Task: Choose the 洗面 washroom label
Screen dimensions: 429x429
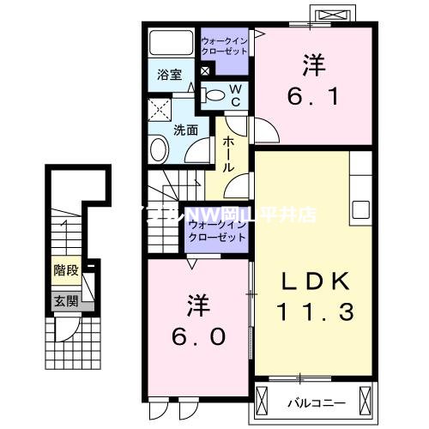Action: pos(186,130)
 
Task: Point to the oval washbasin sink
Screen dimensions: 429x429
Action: pos(160,151)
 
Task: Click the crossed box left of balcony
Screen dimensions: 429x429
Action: pos(268,399)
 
